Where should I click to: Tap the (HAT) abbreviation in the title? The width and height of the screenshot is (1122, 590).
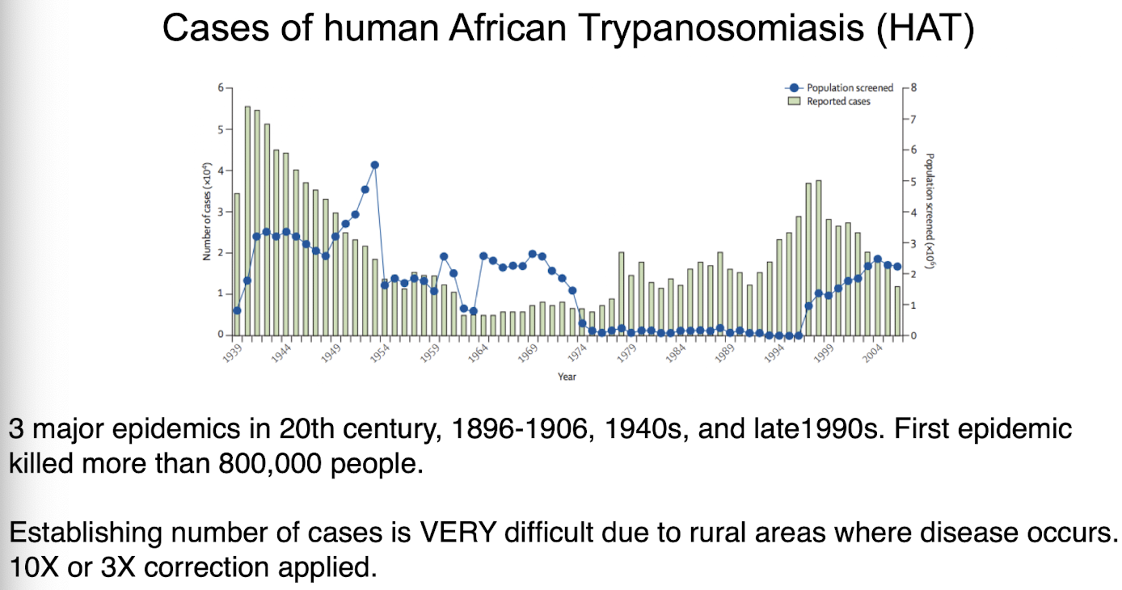926,28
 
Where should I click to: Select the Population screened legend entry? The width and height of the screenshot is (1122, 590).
839,87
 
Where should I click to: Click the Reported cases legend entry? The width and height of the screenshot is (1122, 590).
829,101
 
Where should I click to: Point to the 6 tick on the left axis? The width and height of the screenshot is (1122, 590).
221,88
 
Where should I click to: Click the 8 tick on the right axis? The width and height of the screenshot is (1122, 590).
913,87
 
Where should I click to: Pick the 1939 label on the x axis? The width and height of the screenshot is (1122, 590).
232,353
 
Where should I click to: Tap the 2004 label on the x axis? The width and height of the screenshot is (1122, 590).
872,353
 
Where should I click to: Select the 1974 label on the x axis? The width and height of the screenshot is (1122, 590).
577,353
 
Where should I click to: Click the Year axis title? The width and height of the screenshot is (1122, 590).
567,377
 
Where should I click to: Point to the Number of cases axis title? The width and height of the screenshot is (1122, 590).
207,212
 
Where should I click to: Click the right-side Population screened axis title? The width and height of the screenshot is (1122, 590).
929,212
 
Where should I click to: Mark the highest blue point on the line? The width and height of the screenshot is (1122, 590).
374,165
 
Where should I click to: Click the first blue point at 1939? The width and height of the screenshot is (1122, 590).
237,310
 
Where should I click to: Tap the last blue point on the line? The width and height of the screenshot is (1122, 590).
897,267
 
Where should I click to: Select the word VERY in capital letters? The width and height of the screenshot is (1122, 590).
458,532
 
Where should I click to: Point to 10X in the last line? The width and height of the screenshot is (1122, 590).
34,567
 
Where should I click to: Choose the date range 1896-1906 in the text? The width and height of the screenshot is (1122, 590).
520,428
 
